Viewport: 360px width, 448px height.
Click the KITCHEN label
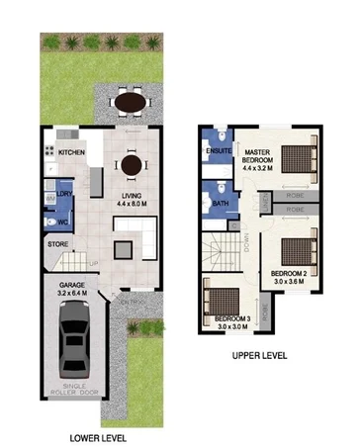[x=71, y=153]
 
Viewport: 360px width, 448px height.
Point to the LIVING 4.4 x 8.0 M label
[x=134, y=202]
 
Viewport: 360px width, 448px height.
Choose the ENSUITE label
[x=219, y=152]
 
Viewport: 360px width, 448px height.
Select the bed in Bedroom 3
[x=219, y=298]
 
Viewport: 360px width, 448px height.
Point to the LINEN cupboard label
[x=266, y=204]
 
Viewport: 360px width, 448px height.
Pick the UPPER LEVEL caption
[x=261, y=356]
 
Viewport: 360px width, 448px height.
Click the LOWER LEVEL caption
[x=96, y=436]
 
